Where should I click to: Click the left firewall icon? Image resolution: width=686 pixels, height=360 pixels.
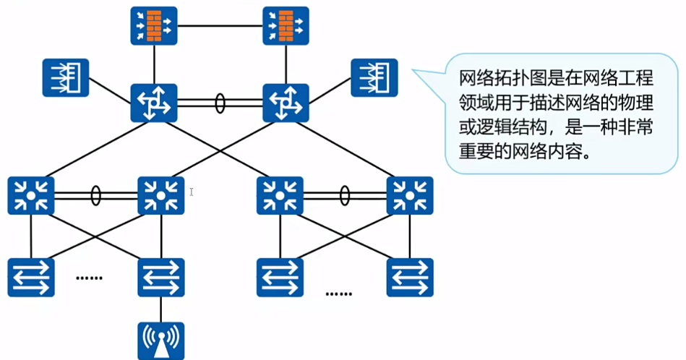154,26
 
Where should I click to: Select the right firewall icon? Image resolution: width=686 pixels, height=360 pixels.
286,26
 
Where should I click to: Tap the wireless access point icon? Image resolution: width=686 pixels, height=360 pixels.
161,341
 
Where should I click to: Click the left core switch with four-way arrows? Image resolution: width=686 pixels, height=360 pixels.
154,103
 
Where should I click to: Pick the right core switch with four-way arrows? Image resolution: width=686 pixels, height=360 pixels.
286,103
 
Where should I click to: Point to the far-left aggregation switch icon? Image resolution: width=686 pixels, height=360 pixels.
31,195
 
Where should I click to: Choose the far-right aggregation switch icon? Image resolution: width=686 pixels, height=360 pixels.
410,195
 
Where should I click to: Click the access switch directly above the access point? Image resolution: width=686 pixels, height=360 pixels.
161,278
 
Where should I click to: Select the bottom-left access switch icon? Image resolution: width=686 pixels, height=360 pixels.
31,278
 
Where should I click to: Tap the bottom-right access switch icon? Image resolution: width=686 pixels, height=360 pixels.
410,278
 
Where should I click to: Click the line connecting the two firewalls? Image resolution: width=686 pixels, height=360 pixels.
220,26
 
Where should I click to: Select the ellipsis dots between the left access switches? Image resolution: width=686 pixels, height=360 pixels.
89,278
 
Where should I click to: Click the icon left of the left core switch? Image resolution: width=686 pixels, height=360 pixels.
66,78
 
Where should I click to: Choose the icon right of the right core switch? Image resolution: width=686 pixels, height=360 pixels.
374,78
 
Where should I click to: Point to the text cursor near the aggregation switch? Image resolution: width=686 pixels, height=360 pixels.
192,192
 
